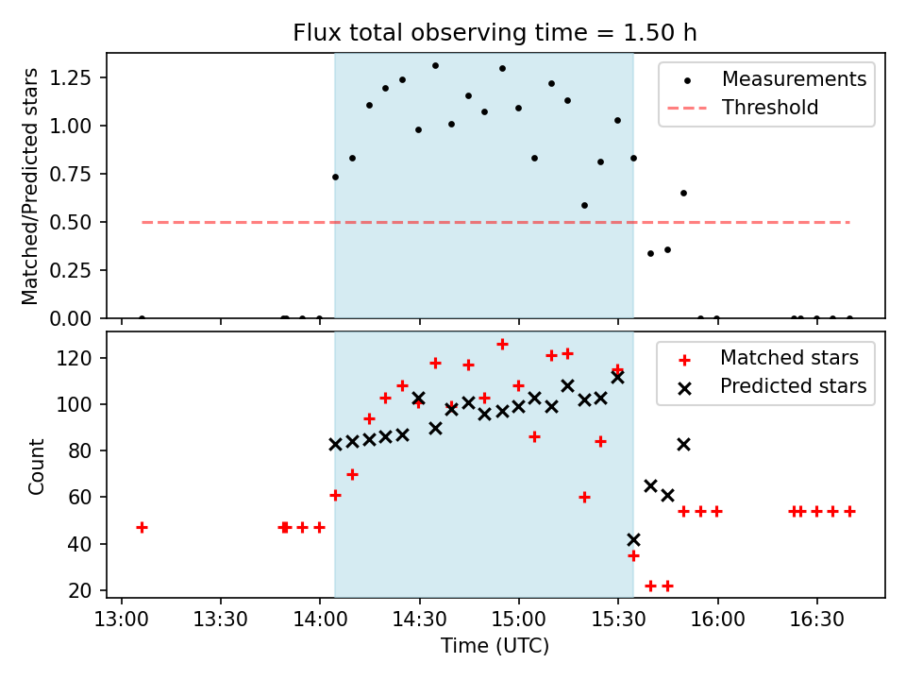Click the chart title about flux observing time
coord(495,34)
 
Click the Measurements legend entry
coord(794,79)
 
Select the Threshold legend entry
coord(770,108)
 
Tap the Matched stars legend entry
coord(789,358)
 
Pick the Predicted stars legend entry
coord(793,385)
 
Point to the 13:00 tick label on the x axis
coord(121,619)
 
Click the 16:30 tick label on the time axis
coord(816,619)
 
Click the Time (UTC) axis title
coord(495,646)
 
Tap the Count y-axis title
coord(37,466)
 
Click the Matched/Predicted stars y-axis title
coord(31,186)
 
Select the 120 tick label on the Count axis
coord(82,358)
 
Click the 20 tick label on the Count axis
coord(87,590)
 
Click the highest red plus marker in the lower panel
coord(502,345)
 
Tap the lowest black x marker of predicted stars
coord(633,539)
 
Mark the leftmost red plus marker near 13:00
coord(142,527)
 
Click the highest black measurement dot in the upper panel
coord(435,65)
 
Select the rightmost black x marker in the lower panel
coord(683,444)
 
